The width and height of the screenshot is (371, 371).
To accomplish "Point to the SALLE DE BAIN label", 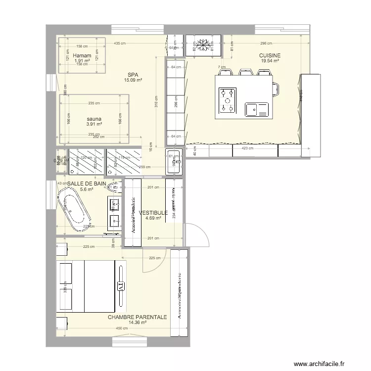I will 87,183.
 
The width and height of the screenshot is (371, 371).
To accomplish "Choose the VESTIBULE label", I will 153,213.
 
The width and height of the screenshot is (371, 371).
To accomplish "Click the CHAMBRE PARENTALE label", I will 138,317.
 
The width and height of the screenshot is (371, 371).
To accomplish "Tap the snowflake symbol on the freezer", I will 202,45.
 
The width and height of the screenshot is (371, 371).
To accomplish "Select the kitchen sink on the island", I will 257,109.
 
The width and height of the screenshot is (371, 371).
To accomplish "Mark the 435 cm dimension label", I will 119,44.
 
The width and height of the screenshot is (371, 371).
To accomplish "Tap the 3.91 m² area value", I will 93,124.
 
